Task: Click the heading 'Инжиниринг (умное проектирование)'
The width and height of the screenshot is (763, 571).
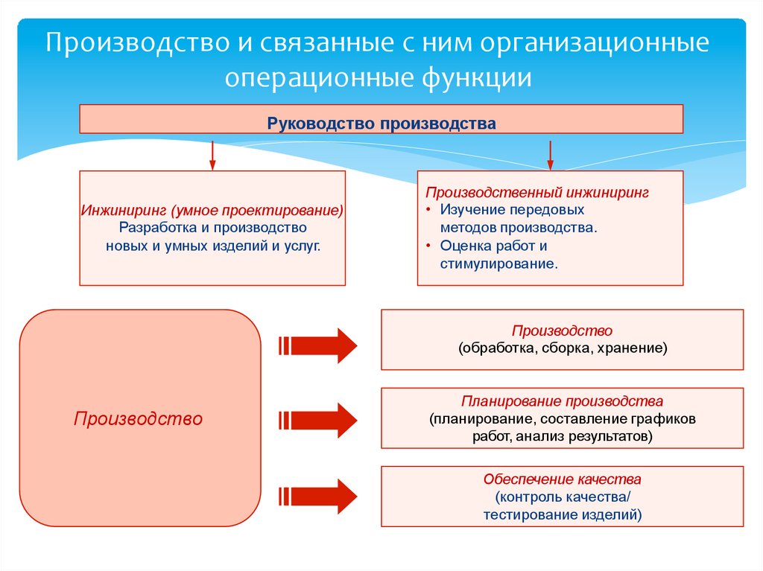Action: click(x=212, y=211)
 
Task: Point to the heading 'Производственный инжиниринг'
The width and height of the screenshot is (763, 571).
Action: click(x=537, y=193)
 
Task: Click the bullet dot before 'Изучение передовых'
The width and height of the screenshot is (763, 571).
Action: click(x=429, y=211)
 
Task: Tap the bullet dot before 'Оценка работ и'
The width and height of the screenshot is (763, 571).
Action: click(x=429, y=246)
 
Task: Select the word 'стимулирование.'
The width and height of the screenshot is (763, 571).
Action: click(x=498, y=264)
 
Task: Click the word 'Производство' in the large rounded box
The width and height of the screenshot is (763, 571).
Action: click(x=139, y=419)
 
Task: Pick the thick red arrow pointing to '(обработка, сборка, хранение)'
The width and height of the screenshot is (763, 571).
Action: click(x=319, y=345)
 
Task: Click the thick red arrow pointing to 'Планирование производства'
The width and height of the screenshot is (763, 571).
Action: click(x=319, y=420)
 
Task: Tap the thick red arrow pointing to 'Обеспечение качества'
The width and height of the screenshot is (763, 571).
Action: click(x=319, y=497)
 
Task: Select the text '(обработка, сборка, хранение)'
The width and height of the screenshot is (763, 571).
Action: click(x=563, y=348)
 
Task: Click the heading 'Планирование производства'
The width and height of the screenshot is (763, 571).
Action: click(x=562, y=401)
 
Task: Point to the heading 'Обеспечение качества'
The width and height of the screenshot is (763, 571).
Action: click(x=562, y=479)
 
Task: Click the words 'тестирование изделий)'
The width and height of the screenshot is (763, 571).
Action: click(x=562, y=514)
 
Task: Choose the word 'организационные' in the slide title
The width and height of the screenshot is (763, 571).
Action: click(x=594, y=42)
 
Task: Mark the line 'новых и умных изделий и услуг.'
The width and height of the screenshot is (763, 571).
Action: click(x=212, y=245)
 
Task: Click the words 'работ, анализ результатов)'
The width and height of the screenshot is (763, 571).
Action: click(x=562, y=436)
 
